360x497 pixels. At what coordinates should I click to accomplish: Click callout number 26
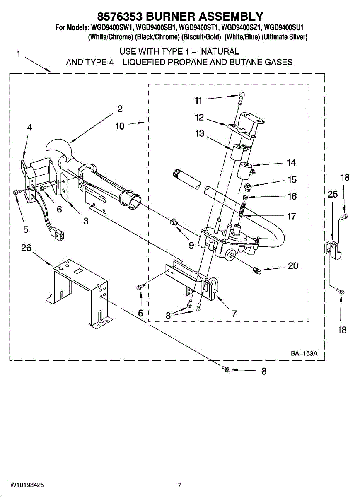pos(26,248)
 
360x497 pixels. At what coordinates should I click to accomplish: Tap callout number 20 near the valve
pos(293,266)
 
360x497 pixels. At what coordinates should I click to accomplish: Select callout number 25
pos(333,194)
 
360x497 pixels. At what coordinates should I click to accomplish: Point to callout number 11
pos(199,100)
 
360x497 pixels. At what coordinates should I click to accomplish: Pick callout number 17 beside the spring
pos(292,216)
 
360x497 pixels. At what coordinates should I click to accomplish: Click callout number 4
pos(29,128)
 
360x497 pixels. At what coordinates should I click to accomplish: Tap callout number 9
pos(191,245)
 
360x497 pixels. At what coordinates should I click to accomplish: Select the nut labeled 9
pos(174,224)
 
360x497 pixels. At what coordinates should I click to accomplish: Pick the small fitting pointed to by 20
pos(256,271)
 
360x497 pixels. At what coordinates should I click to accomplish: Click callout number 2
pos(120,109)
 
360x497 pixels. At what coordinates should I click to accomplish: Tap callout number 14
pos(291,163)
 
